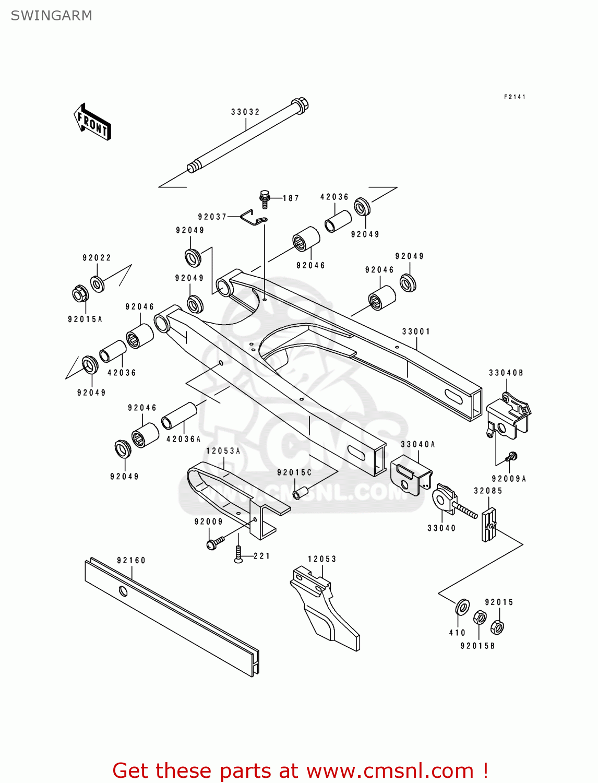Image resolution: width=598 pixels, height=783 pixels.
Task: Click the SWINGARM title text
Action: (51, 16)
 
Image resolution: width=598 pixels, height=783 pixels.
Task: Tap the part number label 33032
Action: (245, 112)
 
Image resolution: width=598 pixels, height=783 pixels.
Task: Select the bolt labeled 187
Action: (265, 198)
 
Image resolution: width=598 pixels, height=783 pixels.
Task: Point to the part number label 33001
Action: (416, 331)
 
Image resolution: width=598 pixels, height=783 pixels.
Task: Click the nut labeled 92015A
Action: (80, 294)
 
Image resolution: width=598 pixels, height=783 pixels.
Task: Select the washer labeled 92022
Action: (98, 283)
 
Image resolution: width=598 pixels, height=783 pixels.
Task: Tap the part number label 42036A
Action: (183, 439)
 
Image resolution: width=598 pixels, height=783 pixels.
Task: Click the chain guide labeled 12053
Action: (324, 611)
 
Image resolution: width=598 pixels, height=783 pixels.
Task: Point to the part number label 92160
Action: (131, 560)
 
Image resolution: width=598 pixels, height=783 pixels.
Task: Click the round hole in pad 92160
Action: (123, 591)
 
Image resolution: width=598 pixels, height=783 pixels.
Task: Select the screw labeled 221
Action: (238, 554)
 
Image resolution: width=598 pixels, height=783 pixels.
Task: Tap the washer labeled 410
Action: (462, 608)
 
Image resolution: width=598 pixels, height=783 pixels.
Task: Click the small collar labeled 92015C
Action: (300, 492)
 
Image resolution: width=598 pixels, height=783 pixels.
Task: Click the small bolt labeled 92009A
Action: (512, 457)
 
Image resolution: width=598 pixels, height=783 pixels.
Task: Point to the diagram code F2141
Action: (515, 97)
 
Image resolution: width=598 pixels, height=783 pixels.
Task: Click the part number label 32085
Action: (488, 491)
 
